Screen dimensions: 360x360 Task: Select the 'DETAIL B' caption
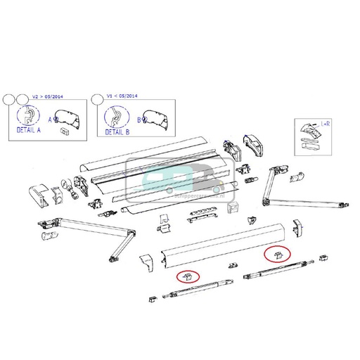pyautogui.click(x=116, y=131)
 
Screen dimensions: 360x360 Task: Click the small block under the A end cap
pyautogui.click(x=64, y=130)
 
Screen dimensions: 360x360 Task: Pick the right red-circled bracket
pyautogui.click(x=276, y=255)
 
